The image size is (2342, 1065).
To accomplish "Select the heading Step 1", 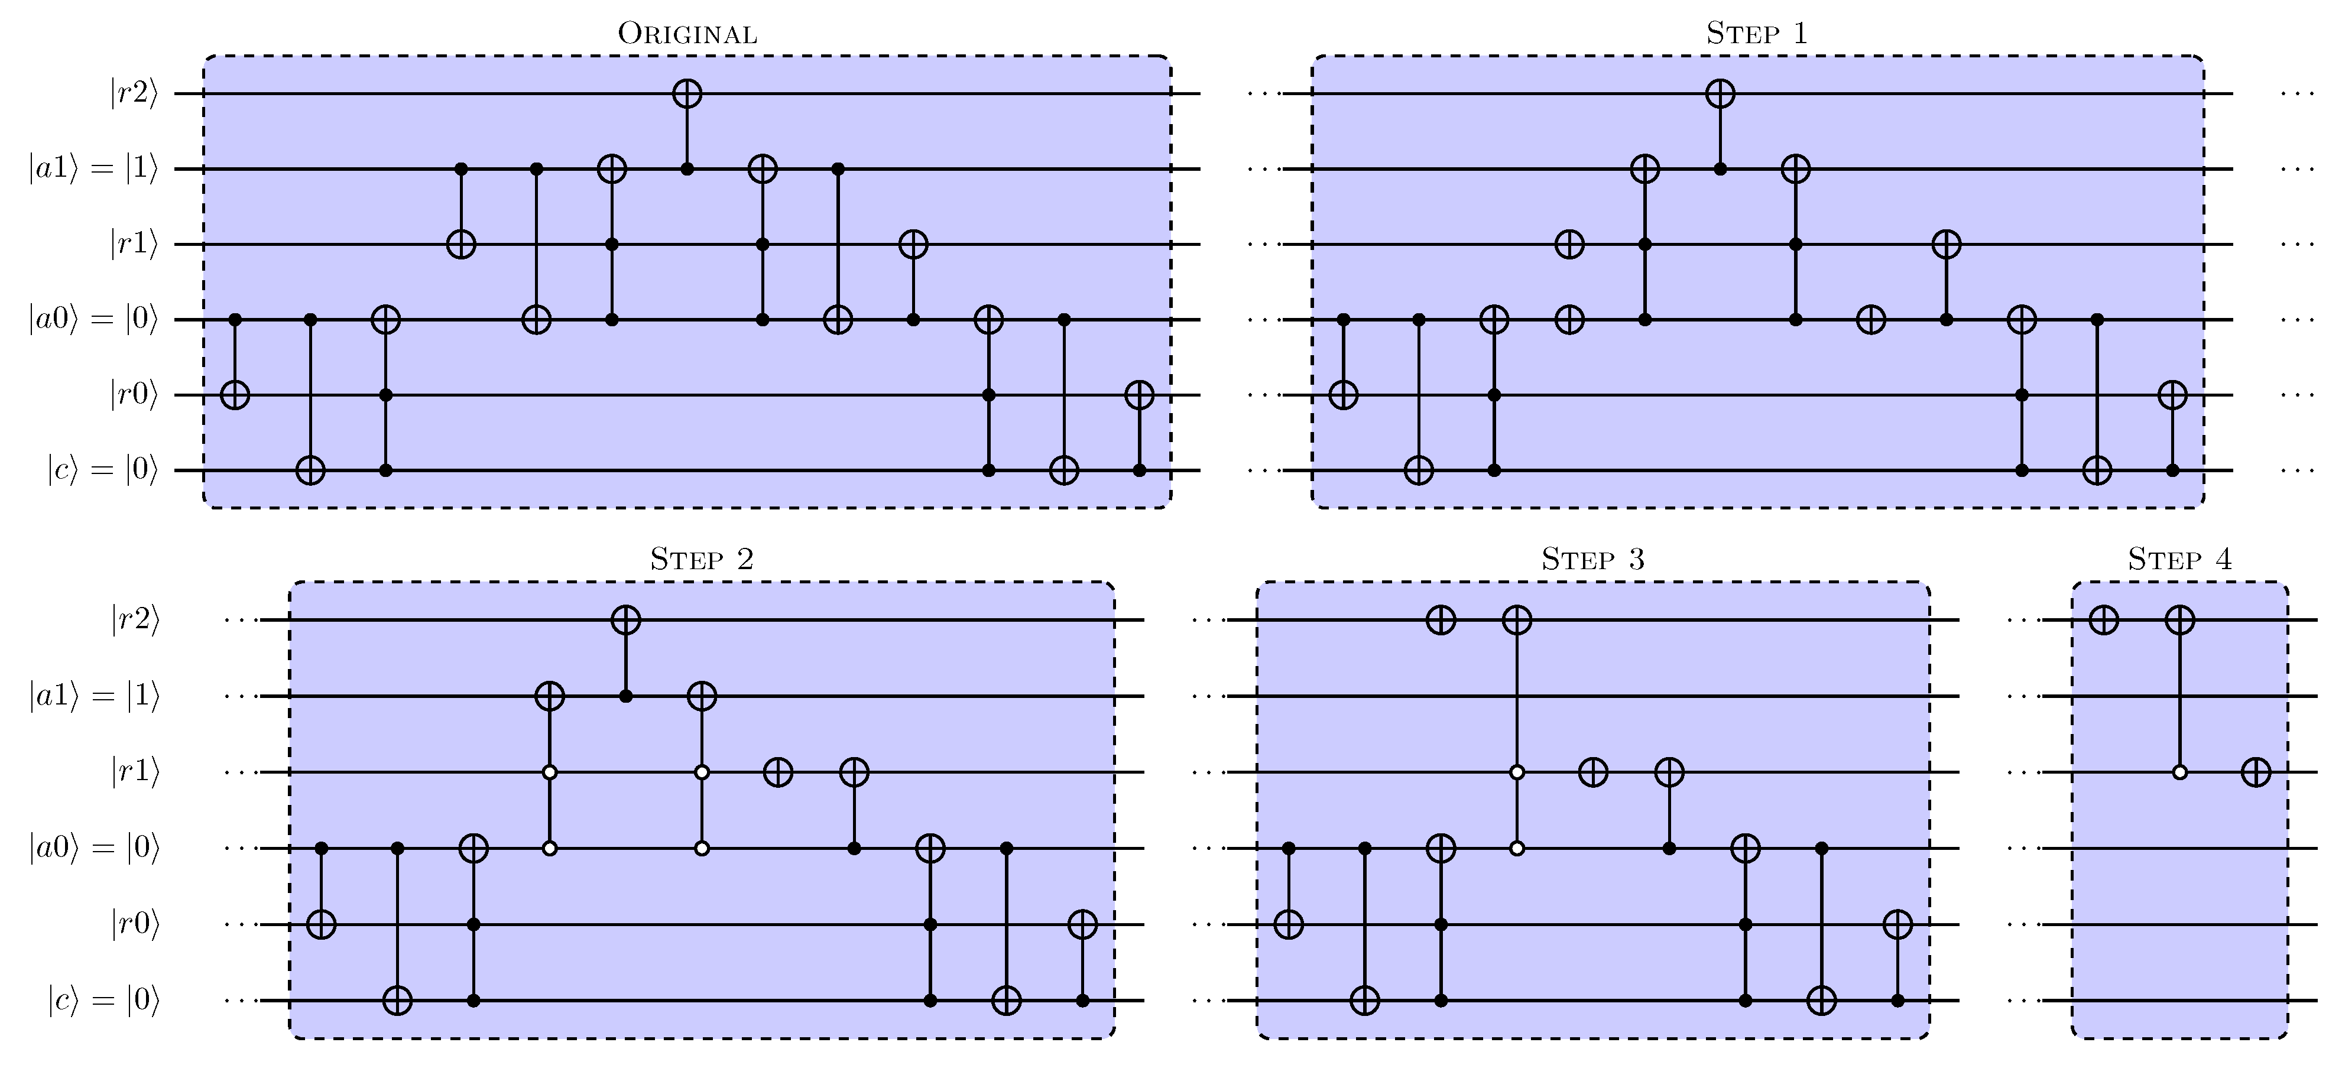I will click(1757, 34).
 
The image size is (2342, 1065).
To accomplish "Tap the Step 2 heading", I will click(701, 559).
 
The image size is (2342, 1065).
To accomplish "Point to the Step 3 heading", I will click(1593, 559).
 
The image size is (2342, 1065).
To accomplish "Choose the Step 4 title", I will click(2179, 559).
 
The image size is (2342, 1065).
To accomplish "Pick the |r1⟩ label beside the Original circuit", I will click(134, 245).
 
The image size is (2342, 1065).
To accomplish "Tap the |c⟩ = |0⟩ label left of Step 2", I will click(103, 1001).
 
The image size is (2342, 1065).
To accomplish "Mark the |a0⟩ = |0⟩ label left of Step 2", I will click(93, 849).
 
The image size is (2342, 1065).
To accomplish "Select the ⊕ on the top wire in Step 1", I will click(1720, 93).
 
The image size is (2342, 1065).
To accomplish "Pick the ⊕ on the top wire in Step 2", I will click(625, 620).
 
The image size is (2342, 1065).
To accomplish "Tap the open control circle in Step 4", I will click(2179, 772).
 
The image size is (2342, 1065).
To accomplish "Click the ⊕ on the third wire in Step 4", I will click(2256, 772).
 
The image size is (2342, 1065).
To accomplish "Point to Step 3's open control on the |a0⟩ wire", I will click(1516, 849).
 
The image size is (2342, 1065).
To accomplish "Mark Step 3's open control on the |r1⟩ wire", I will click(1516, 772).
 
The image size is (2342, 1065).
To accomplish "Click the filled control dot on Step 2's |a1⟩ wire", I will click(625, 696).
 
